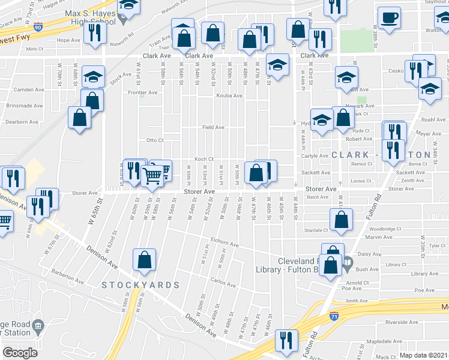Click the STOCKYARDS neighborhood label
(x=140, y=284)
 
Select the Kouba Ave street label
(x=229, y=95)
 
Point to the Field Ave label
(x=213, y=127)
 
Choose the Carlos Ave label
(x=226, y=280)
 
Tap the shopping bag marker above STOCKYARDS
(x=145, y=260)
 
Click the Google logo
(x=20, y=352)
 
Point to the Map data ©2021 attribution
(x=424, y=355)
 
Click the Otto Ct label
(x=155, y=140)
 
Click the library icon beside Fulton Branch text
(x=348, y=262)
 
